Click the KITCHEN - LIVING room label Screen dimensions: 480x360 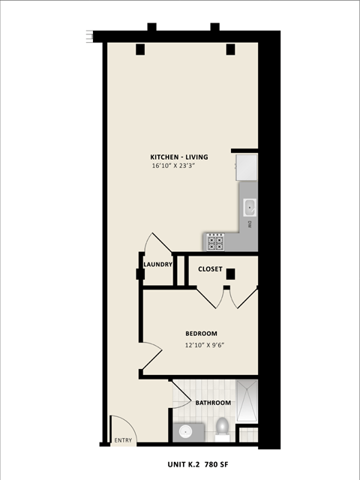pyautogui.click(x=179, y=157)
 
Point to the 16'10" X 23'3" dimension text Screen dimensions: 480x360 pyautogui.click(x=179, y=166)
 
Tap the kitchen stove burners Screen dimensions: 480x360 pyautogui.click(x=216, y=242)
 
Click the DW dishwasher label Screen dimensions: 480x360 pyautogui.click(x=249, y=223)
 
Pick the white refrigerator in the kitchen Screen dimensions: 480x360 pyautogui.click(x=246, y=167)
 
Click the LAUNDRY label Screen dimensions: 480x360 pyautogui.click(x=158, y=264)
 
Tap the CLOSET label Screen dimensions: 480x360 pyautogui.click(x=210, y=268)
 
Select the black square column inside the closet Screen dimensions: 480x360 pyautogui.click(x=231, y=274)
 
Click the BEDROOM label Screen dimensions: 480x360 pyautogui.click(x=201, y=334)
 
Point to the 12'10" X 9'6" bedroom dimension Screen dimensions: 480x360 pyautogui.click(x=205, y=345)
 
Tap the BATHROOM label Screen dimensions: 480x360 pyautogui.click(x=213, y=403)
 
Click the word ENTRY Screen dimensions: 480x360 pyautogui.click(x=122, y=440)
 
